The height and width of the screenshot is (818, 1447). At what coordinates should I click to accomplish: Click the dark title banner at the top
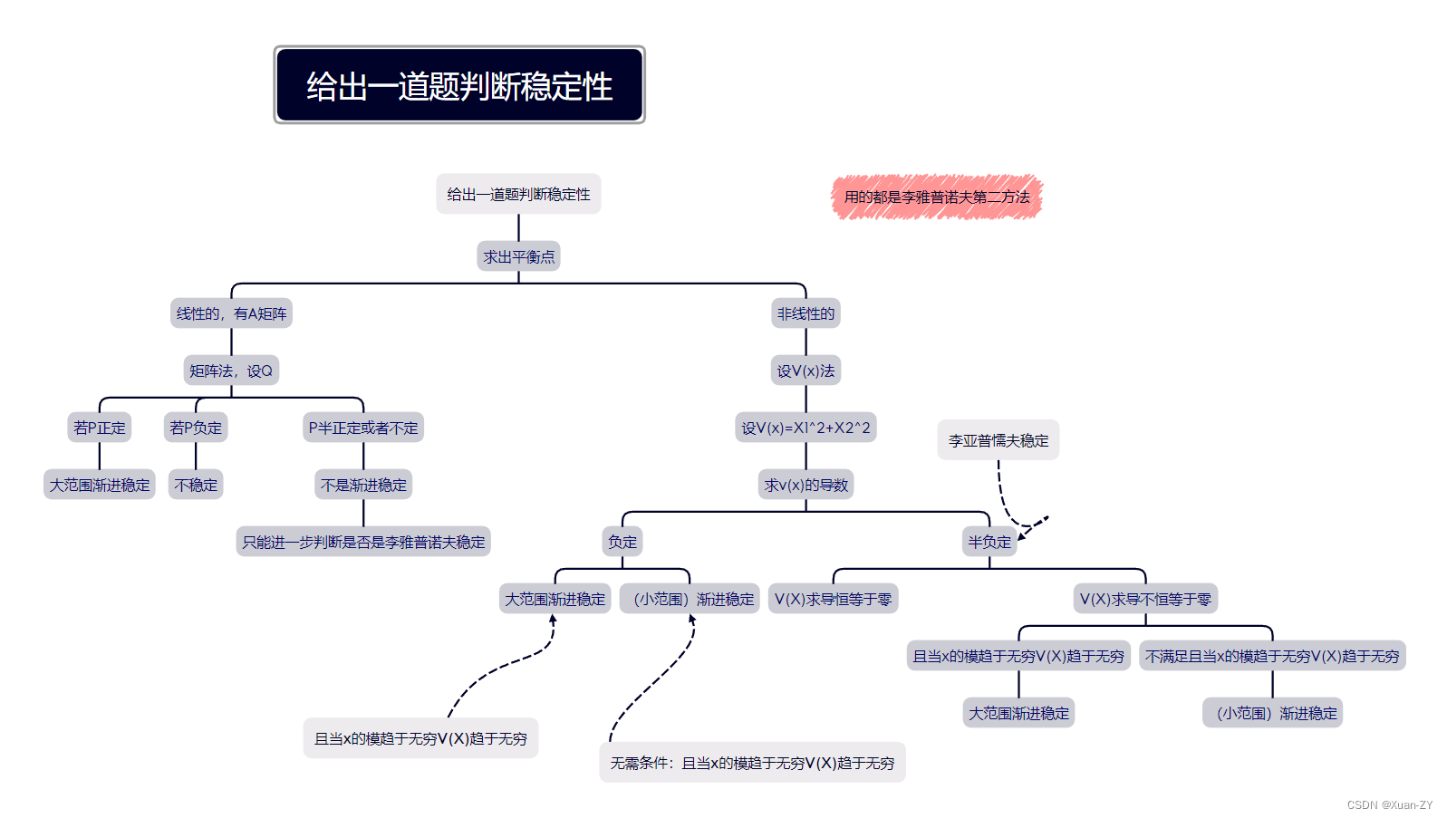[459, 85]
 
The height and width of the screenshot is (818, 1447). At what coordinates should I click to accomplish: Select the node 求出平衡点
[518, 256]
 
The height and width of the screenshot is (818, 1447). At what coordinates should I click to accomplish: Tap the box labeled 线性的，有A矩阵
[231, 313]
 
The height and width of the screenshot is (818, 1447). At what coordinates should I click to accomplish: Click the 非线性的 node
[805, 313]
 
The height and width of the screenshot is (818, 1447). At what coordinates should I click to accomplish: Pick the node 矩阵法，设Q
[231, 371]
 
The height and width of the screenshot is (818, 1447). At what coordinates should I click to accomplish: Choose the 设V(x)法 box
[805, 371]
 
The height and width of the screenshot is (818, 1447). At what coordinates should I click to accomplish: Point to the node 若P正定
[100, 428]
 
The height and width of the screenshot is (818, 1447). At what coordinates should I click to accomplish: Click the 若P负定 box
[196, 428]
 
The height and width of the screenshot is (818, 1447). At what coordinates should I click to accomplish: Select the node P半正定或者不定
[363, 428]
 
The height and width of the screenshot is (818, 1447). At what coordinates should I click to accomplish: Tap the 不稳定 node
[196, 485]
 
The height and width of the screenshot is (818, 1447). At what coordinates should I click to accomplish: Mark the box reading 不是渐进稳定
[363, 485]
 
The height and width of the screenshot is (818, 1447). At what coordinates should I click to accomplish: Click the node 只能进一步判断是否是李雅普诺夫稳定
[363, 542]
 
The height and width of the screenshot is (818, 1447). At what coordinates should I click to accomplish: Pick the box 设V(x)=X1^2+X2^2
[805, 428]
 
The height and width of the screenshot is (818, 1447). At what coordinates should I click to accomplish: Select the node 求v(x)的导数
[805, 485]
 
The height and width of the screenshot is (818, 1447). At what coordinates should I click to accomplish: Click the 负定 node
[622, 542]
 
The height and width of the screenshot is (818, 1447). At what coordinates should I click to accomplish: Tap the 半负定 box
[989, 542]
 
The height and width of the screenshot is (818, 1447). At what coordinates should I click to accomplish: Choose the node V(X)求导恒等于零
[833, 599]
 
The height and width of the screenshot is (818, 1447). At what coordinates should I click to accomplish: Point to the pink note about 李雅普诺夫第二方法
[937, 197]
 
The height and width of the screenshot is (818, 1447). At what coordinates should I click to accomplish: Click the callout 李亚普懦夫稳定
[998, 440]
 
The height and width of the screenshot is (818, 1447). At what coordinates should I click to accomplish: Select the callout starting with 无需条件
[752, 763]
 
